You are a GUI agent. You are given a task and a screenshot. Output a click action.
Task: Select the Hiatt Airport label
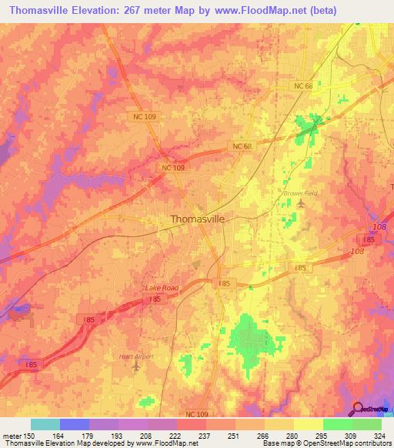[137, 356]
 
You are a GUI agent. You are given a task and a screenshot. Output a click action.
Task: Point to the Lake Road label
[162, 288]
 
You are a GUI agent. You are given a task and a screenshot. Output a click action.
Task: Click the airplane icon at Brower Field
[300, 203]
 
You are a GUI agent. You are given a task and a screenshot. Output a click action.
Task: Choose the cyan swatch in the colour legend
[45, 424]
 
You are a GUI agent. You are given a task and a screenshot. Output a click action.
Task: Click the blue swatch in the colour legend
[74, 424]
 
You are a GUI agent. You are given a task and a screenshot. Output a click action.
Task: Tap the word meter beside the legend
[11, 435]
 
